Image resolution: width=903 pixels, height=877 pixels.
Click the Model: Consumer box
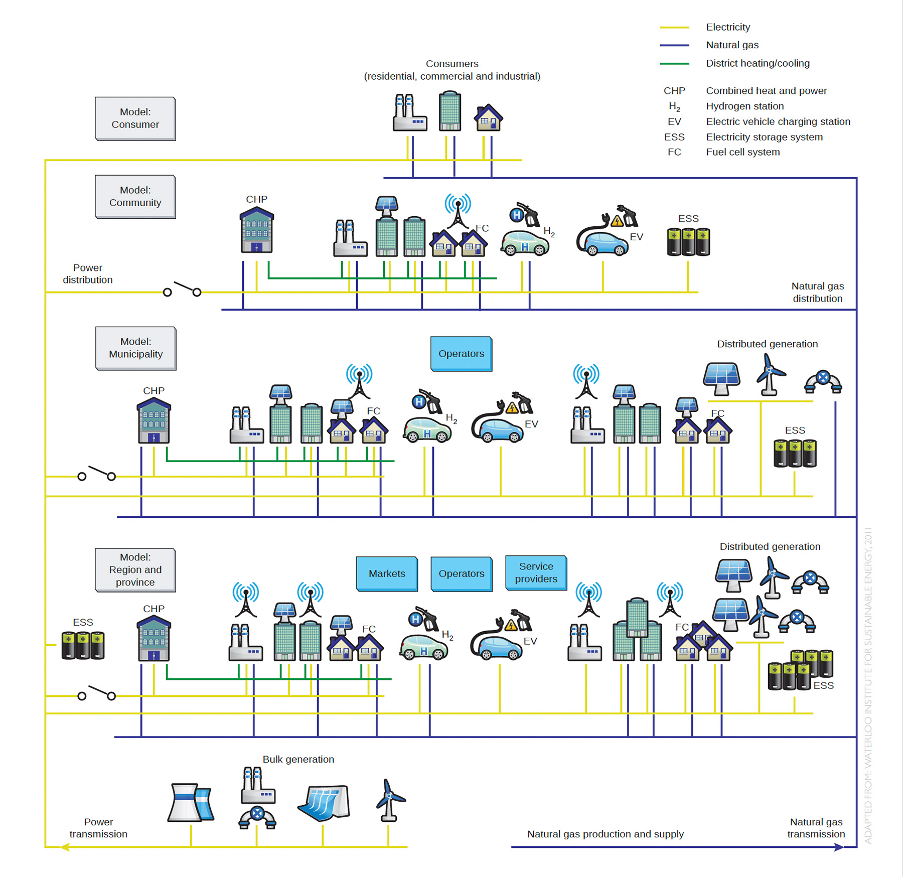135,118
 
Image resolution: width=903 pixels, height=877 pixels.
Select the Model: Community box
135,197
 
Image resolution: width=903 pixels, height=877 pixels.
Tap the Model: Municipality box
135,348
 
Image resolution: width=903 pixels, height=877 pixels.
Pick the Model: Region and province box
135,570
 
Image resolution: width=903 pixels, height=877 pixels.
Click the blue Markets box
386,573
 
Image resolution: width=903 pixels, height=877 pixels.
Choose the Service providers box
536,572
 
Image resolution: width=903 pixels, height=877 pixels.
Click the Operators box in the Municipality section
461,354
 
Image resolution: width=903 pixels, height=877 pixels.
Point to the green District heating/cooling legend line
674,64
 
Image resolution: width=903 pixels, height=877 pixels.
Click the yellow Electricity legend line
674,27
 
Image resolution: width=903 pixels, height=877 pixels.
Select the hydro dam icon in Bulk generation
324,802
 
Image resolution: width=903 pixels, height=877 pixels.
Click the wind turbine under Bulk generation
389,800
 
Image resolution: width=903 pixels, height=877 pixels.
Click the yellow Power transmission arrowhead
64,847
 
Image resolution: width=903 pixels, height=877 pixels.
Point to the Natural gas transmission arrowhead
839,847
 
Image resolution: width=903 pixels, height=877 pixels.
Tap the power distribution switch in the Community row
182,289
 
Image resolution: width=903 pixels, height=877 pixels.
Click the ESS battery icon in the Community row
688,242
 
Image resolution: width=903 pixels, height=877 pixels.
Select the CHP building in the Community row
256,230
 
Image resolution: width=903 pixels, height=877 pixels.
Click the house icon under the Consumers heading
488,118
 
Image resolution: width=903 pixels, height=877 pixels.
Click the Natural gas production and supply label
605,834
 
